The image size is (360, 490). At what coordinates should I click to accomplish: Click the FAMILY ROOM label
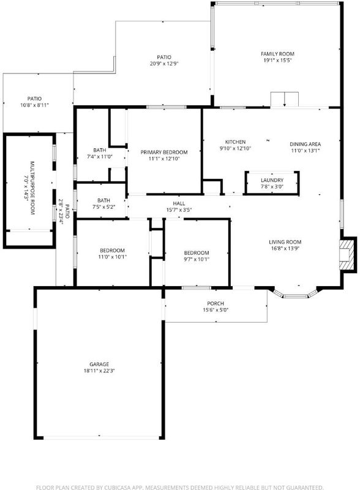coord(277,54)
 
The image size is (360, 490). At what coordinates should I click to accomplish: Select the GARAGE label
coord(99,364)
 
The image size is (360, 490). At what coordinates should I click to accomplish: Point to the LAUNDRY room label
coord(272,180)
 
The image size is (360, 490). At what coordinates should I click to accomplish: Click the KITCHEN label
coord(235,142)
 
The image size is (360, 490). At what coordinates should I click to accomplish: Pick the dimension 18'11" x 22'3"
coord(99,371)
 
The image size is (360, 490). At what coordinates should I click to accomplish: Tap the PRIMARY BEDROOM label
coord(164,152)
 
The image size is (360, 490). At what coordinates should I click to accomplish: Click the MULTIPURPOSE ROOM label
coord(32,188)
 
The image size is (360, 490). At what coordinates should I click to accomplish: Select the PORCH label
coord(216,303)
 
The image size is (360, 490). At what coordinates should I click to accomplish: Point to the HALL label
coord(179,203)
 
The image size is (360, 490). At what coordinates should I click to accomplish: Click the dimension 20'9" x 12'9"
coord(164,64)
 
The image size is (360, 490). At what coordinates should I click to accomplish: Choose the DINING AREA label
coord(305,144)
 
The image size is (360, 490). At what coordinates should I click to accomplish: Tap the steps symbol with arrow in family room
coord(284,99)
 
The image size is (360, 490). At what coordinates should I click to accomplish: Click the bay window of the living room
coord(295,295)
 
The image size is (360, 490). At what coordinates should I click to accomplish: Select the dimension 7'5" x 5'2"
coord(103,207)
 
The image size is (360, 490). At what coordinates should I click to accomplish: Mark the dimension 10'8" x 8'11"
coord(34,105)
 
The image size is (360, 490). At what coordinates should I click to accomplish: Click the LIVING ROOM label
coord(285,242)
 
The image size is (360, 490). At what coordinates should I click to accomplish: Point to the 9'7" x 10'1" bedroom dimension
coord(197,259)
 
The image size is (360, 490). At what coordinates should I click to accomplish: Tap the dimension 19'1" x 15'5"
coord(277,60)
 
